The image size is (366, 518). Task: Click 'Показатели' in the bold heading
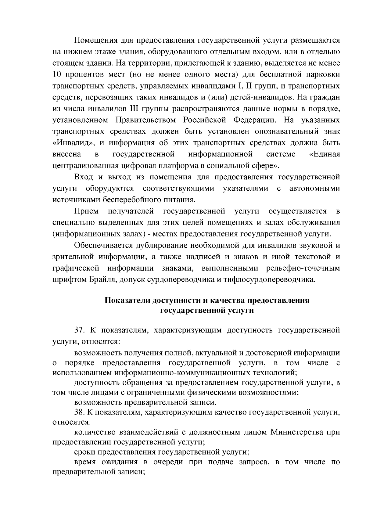pos(128,300)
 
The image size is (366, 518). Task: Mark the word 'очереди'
pos(168,462)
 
